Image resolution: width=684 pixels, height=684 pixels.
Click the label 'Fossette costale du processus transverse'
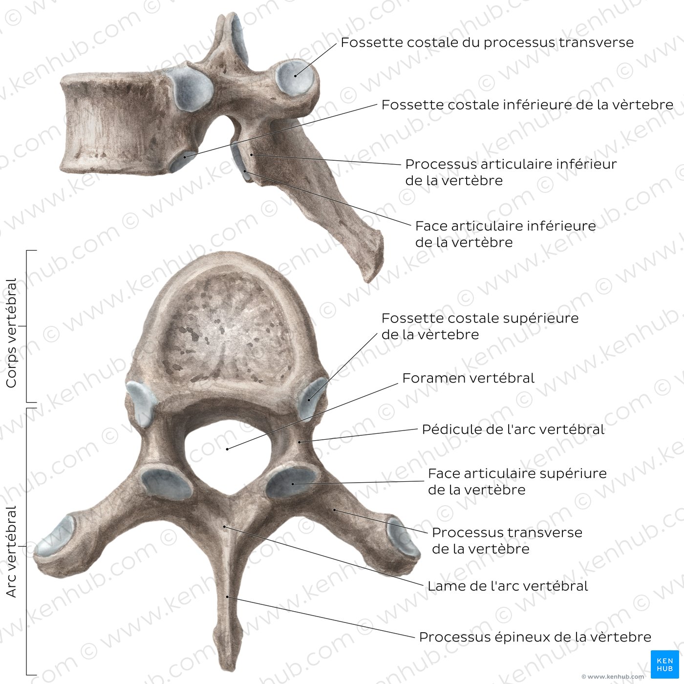(x=487, y=43)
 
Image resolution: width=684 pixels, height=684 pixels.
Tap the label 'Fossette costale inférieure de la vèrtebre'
(x=527, y=105)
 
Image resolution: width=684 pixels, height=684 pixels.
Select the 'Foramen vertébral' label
(x=468, y=378)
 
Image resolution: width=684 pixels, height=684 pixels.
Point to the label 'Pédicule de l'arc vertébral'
(x=513, y=429)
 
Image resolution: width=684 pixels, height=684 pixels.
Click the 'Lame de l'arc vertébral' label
(x=508, y=586)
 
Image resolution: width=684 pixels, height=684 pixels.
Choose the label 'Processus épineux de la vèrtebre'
(x=535, y=637)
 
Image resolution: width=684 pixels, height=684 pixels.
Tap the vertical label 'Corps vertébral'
(x=11, y=333)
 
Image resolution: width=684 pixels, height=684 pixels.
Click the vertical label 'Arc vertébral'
(x=11, y=551)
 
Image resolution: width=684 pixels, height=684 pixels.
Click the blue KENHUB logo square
(x=664, y=664)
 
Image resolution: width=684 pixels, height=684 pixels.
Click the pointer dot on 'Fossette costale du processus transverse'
(x=295, y=76)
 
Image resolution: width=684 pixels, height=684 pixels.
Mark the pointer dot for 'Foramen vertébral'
(x=227, y=449)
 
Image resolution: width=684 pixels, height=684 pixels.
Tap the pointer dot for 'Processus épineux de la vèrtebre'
(x=228, y=597)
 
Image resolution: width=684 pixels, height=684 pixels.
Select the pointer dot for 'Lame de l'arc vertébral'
(x=224, y=526)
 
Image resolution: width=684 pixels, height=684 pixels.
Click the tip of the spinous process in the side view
(x=370, y=280)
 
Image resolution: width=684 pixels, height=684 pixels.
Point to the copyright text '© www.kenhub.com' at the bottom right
(x=613, y=677)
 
